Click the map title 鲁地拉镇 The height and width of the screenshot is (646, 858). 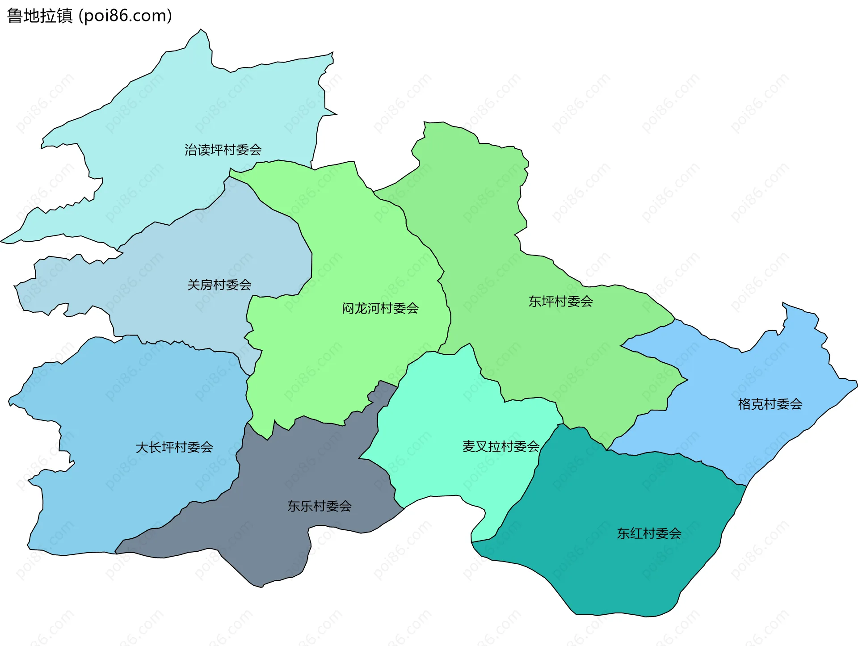click(40, 16)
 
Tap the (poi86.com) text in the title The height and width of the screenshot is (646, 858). click(125, 16)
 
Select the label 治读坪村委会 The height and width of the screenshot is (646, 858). click(223, 150)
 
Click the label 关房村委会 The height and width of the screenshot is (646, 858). click(219, 285)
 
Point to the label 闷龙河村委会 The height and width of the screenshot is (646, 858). click(380, 308)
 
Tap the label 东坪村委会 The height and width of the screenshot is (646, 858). click(560, 302)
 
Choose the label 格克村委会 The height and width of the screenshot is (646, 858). click(770, 404)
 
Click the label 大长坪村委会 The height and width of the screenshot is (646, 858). click(174, 447)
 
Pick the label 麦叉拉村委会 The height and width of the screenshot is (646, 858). click(500, 446)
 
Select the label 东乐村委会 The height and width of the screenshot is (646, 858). click(319, 506)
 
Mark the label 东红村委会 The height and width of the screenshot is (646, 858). click(649, 533)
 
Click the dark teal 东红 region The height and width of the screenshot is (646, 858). click(626, 572)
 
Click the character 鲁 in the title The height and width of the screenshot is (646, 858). click(15, 16)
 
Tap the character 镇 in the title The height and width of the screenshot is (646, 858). click(64, 16)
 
